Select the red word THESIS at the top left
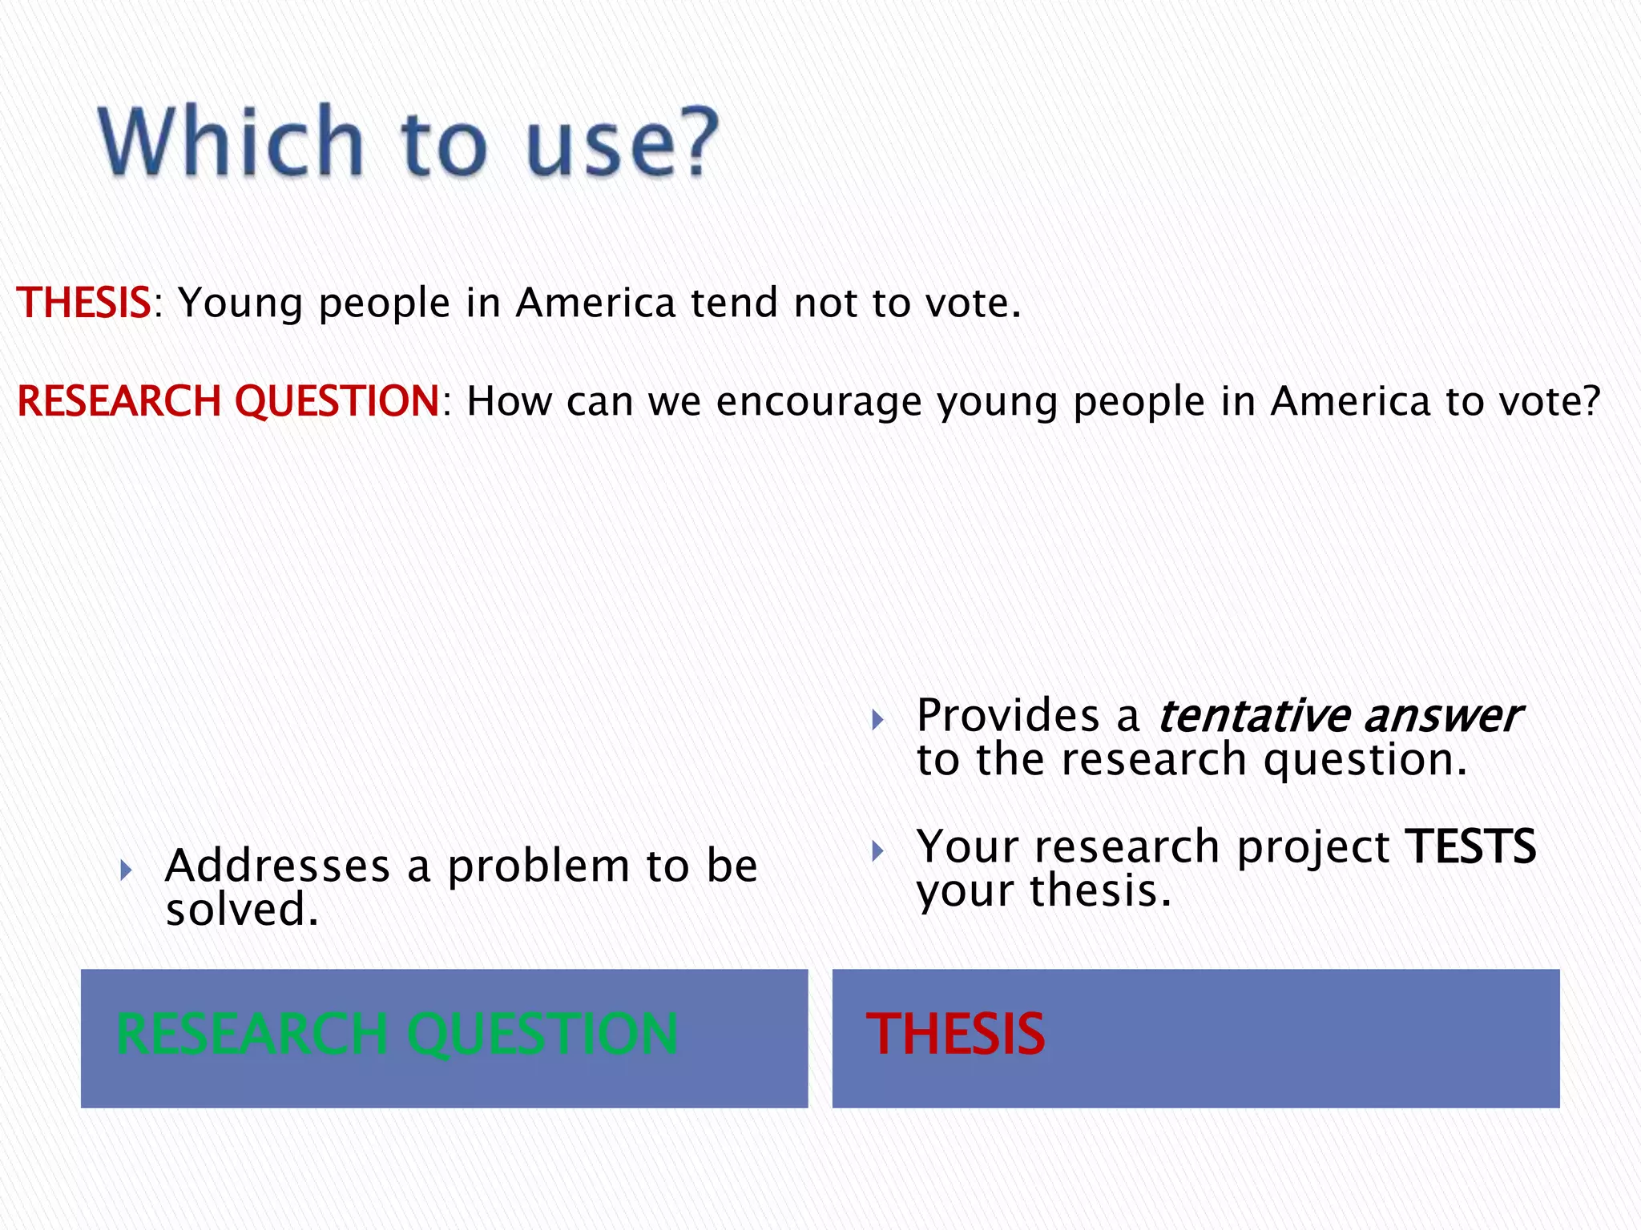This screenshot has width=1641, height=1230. tap(83, 303)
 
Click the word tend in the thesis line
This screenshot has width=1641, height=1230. tap(734, 303)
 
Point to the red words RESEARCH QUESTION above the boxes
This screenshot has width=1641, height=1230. tap(228, 400)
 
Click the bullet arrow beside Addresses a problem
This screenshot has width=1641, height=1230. tap(126, 870)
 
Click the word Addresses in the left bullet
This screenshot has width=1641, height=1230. tap(277, 866)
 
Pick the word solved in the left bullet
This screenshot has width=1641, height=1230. tap(241, 910)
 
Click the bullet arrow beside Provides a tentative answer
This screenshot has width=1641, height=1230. tap(877, 719)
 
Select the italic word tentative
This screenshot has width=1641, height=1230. tap(1254, 715)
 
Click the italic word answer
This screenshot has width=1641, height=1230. tap(1441, 715)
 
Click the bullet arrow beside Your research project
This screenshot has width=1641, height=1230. tap(877, 850)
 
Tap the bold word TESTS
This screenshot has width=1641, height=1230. tap(1471, 846)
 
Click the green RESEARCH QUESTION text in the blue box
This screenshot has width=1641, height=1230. tap(397, 1034)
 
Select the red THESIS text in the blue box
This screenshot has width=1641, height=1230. tap(955, 1034)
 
